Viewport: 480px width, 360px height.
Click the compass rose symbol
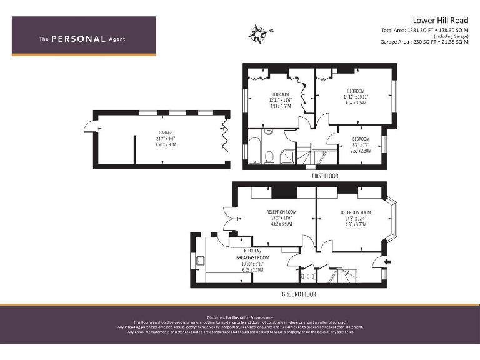click(x=257, y=31)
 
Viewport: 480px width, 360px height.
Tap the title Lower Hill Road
click(x=440, y=20)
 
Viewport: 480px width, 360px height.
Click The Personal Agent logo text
click(x=82, y=39)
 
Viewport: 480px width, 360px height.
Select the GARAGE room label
click(x=165, y=132)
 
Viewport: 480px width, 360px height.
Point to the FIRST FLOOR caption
click(x=325, y=176)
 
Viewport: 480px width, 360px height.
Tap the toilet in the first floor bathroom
click(x=269, y=156)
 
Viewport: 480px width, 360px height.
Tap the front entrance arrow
click(x=389, y=261)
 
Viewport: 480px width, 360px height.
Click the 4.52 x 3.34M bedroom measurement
click(x=356, y=103)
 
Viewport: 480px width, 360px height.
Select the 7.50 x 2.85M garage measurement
click(x=165, y=144)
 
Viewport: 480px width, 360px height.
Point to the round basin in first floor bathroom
click(x=269, y=132)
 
